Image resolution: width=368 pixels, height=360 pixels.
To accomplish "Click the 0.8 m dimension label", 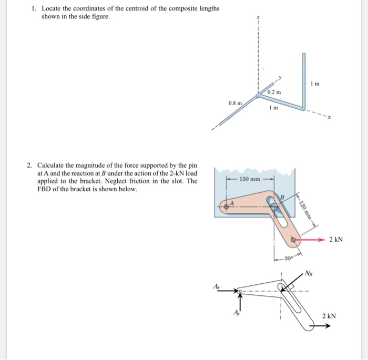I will [x=235, y=104].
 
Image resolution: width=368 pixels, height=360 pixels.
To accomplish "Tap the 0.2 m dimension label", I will [x=274, y=92].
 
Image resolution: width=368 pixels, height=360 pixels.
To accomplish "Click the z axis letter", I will [x=258, y=17].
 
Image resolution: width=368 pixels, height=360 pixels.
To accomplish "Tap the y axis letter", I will [x=280, y=78].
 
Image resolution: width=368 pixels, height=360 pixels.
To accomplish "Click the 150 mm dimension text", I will [x=250, y=179].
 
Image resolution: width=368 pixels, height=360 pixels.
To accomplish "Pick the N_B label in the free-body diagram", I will [x=309, y=273].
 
